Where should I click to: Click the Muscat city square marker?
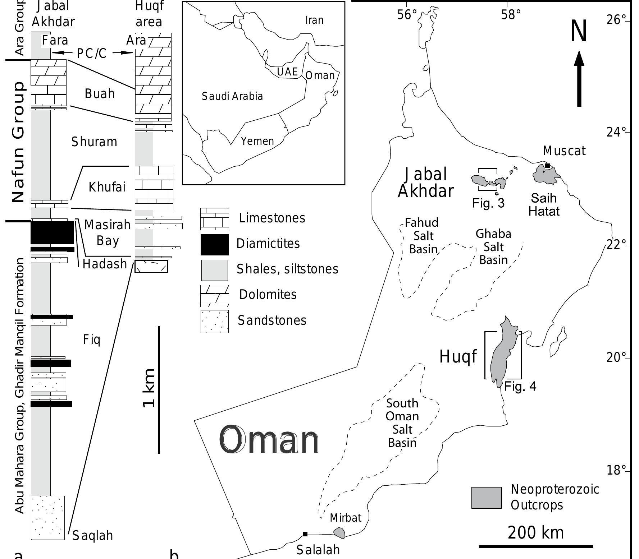click(547, 166)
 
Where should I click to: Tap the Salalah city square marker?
click(305, 534)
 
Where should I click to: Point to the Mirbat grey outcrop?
click(339, 532)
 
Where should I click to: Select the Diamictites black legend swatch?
click(214, 245)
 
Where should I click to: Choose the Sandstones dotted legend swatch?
click(214, 321)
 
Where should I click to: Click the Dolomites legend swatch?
click(214, 295)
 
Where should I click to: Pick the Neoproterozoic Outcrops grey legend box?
click(486, 498)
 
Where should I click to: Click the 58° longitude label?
click(511, 15)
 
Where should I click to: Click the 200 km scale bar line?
click(536, 547)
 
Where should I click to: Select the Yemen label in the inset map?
click(257, 141)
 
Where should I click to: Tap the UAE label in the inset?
click(287, 72)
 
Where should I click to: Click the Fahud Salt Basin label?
click(422, 236)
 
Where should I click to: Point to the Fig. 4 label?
click(520, 387)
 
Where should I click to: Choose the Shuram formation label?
click(94, 142)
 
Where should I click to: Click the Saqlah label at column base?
click(93, 536)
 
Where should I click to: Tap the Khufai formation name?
click(107, 187)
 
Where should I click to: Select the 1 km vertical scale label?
click(149, 388)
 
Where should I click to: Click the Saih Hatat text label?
click(544, 204)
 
